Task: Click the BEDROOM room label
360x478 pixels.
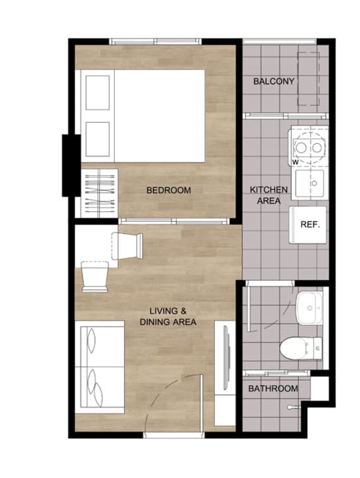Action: tap(169, 191)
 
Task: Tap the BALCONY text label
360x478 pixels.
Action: tap(274, 82)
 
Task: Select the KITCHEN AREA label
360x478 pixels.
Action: tap(268, 195)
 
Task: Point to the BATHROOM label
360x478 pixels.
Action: tap(273, 388)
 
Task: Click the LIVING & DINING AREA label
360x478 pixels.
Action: tap(168, 317)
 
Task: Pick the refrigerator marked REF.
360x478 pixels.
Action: tap(308, 225)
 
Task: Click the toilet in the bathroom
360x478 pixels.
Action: tap(301, 348)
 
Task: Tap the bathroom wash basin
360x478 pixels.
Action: tap(309, 308)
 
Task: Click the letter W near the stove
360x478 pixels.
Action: tap(295, 163)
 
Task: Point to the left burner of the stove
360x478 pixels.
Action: tap(301, 147)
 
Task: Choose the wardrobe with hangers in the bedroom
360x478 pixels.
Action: tap(99, 193)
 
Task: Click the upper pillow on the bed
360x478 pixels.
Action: tap(98, 93)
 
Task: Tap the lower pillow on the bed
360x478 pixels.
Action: tap(98, 139)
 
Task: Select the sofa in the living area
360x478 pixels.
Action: tap(100, 367)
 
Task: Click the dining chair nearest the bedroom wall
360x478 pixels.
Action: tap(128, 246)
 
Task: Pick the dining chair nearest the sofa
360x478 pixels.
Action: tap(95, 276)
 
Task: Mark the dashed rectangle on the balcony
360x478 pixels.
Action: tap(308, 78)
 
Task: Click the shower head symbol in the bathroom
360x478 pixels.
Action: tap(292, 407)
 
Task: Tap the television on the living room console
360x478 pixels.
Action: tap(226, 358)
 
